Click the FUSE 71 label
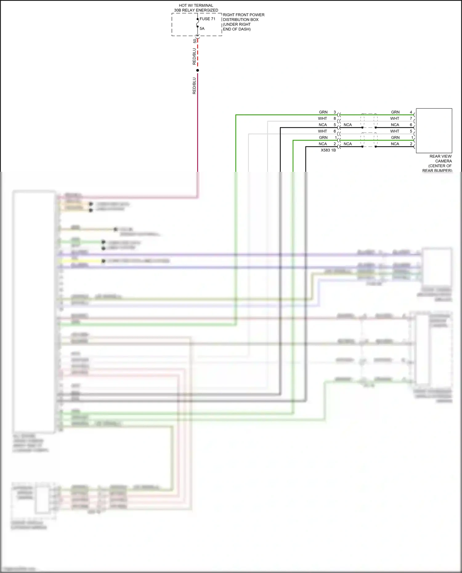[207, 19]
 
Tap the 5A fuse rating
[202, 29]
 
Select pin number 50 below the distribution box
[195, 41]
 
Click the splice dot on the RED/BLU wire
[198, 71]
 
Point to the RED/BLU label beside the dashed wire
[194, 56]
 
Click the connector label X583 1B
[328, 150]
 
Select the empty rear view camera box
[434, 131]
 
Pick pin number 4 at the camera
[411, 112]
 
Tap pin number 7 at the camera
[411, 119]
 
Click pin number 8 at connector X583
[335, 119]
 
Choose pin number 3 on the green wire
[335, 112]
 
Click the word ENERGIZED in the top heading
[207, 10]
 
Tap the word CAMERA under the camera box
[444, 161]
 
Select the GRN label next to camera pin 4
[395, 112]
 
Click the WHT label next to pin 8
[322, 119]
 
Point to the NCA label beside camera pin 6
[395, 125]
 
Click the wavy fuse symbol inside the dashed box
[198, 23]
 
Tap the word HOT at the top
[183, 6]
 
